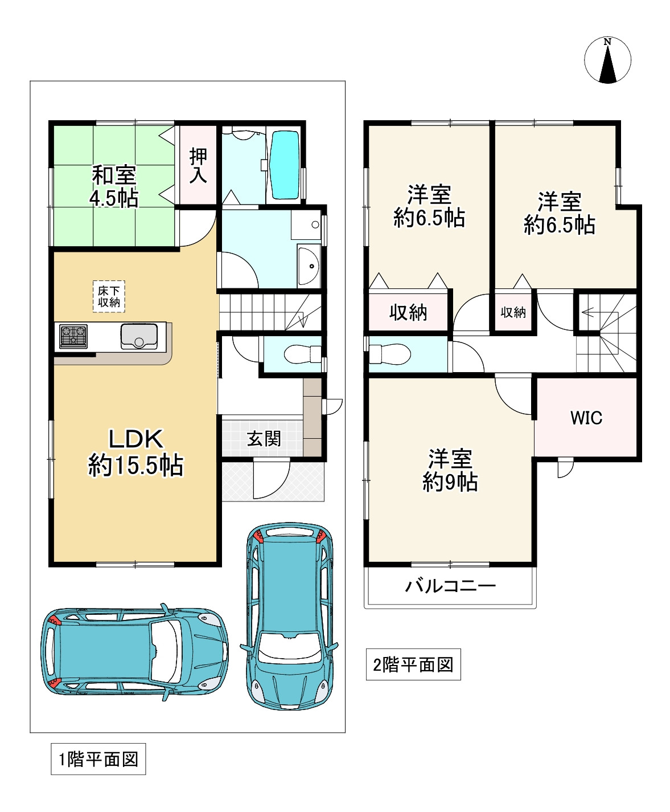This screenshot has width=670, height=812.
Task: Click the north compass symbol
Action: pos(607,60)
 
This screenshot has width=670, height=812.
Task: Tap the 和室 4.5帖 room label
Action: pos(114,187)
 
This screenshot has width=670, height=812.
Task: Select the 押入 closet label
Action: pos(198,165)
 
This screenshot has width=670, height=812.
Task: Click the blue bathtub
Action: pos(285,165)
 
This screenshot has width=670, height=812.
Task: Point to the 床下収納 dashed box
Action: pos(109,296)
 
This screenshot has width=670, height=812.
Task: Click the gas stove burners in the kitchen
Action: pos(73,336)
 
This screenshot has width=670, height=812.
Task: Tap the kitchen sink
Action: pos(139,336)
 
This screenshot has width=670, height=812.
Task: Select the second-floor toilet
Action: pos(390,354)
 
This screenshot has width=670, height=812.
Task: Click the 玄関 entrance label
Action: pos(264,439)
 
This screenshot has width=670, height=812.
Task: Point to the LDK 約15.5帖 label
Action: pos(135,452)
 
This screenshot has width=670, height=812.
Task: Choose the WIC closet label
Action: pos(586,418)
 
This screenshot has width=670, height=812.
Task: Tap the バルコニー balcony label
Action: pos(450,586)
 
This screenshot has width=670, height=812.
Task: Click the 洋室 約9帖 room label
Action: pos(450,470)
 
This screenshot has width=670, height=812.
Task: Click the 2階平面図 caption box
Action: pos(413,664)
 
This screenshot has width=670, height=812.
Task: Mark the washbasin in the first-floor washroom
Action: pos(309,266)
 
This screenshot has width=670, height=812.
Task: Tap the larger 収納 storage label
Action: pos(408,313)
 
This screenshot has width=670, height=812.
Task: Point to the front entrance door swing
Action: pos(272,479)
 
